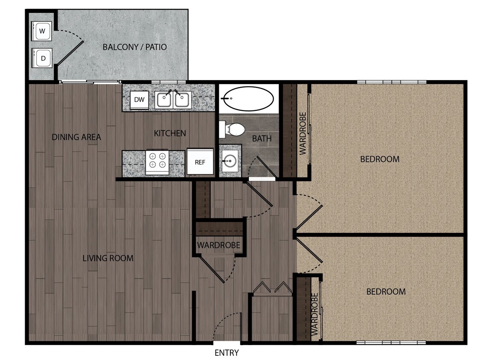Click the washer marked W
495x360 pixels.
point(42,31)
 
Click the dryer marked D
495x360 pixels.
point(42,58)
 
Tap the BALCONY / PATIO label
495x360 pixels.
point(134,47)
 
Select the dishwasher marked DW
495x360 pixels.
point(139,100)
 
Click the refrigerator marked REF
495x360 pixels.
point(200,162)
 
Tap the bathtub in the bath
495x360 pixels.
point(248,99)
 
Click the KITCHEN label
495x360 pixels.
point(170,134)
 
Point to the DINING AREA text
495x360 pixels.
point(76,137)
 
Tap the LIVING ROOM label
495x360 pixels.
point(108,258)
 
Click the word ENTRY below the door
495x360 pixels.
point(227,353)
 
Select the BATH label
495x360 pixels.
point(262,138)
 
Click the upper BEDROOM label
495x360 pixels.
point(380,159)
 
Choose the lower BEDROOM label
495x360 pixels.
point(386,292)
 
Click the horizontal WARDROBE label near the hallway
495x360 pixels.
point(218,246)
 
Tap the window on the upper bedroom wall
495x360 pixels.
point(391,82)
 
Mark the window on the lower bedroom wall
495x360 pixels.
point(391,342)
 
